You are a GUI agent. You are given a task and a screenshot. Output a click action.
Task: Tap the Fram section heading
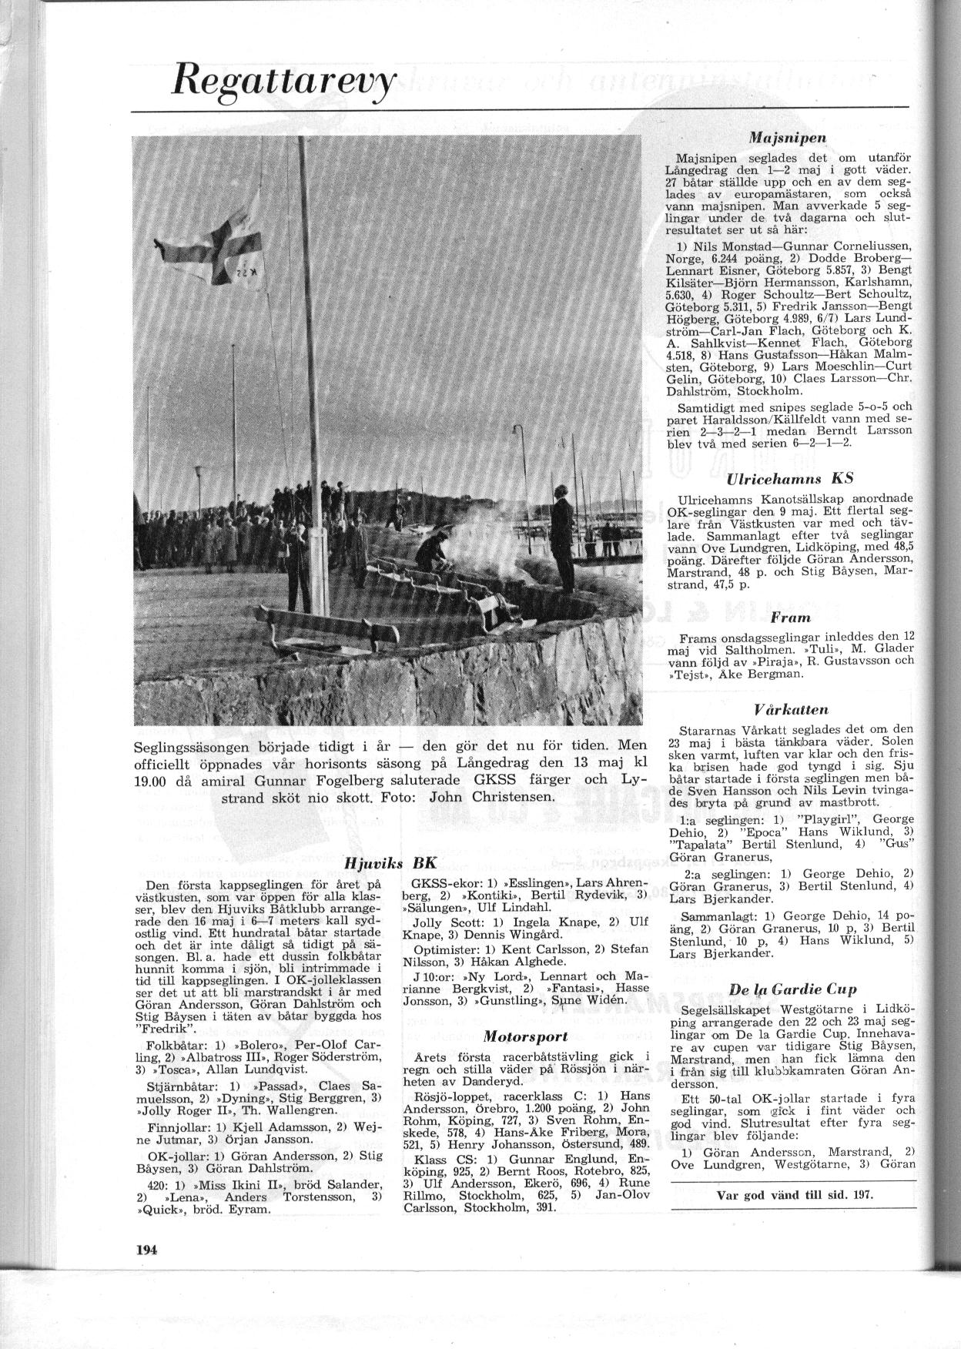point(790,617)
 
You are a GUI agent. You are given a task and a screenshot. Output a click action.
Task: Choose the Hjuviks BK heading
point(391,863)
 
